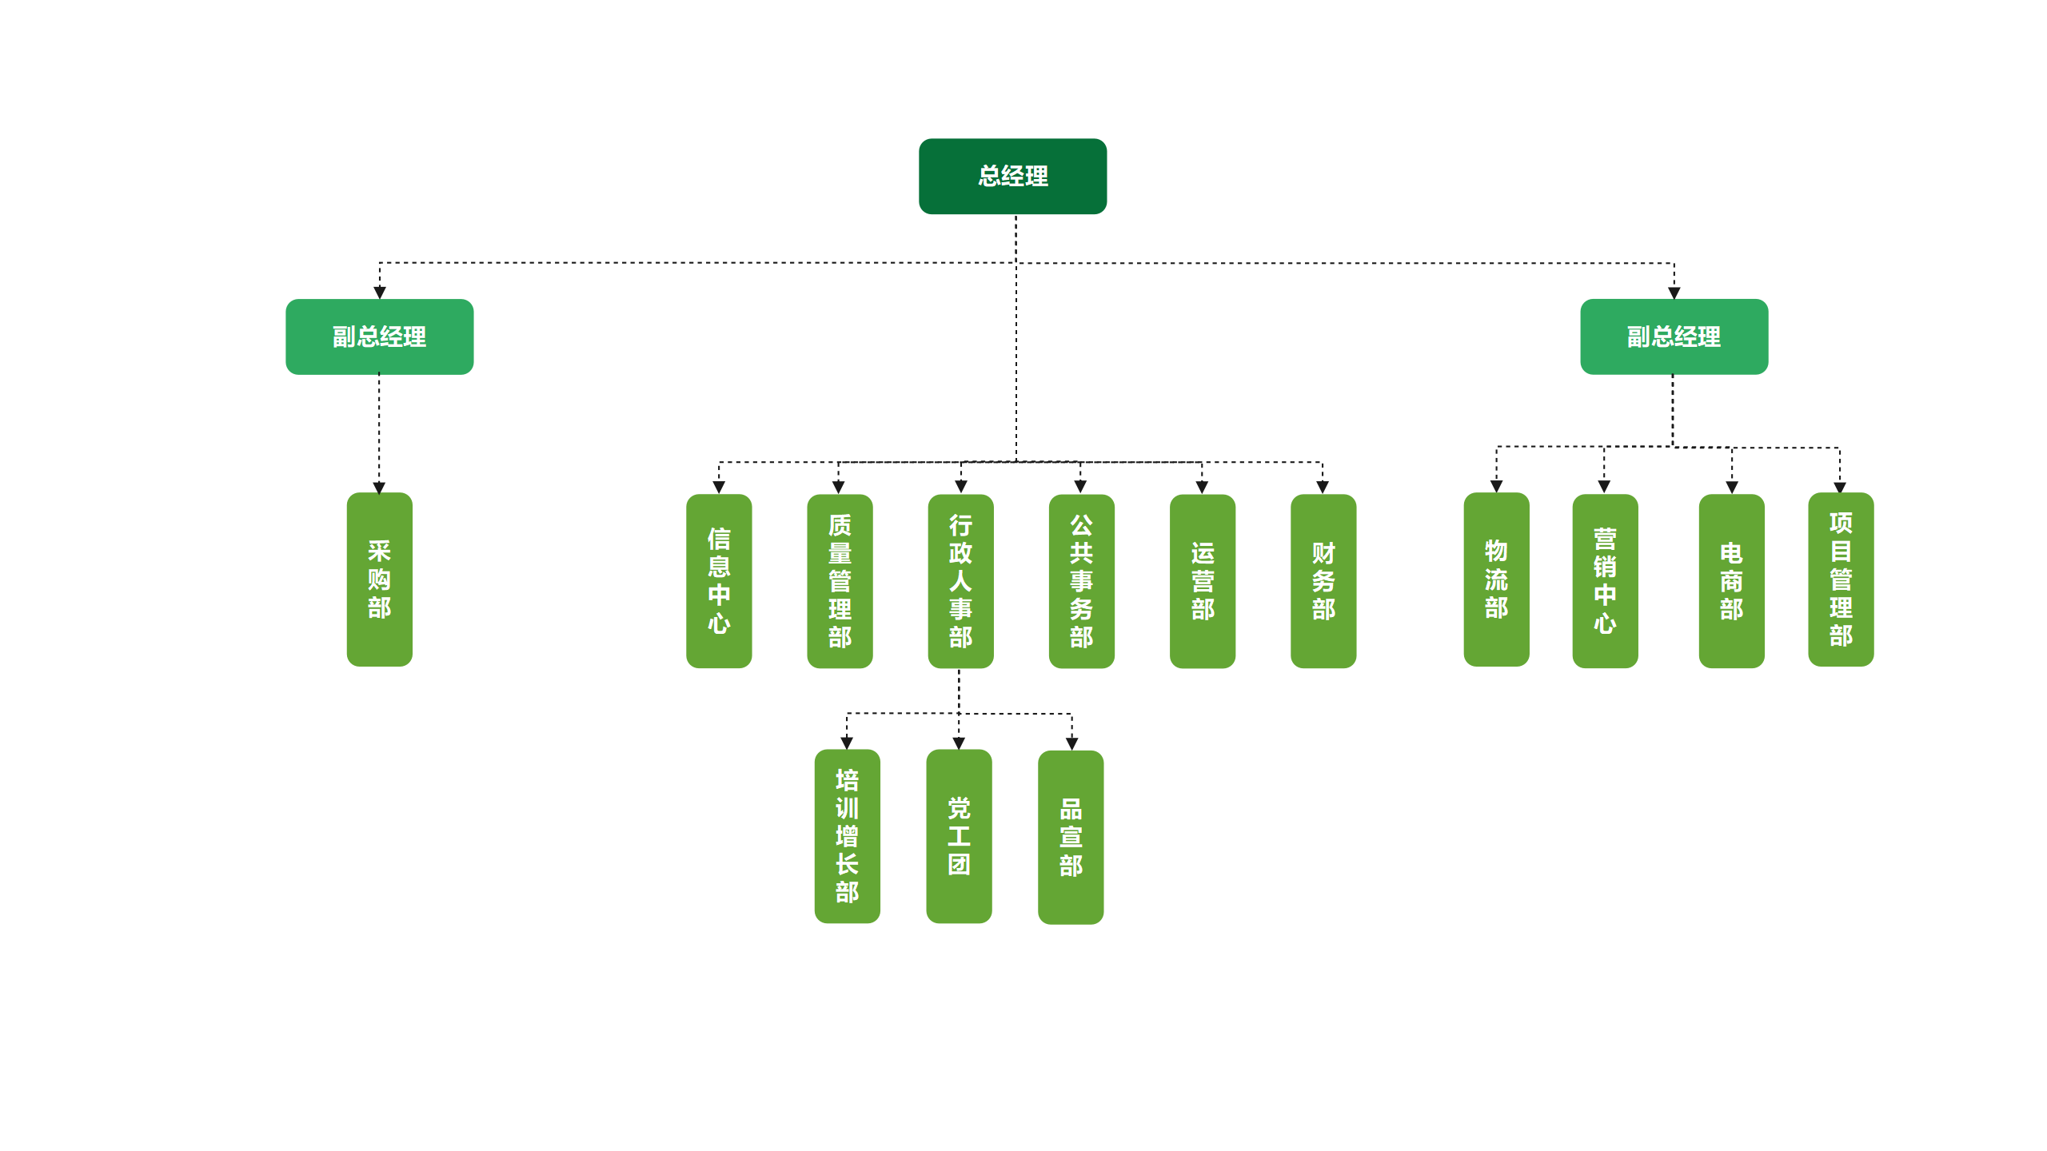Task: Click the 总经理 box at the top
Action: tap(1012, 176)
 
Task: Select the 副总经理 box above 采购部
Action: tap(379, 337)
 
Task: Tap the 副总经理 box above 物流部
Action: tap(1674, 337)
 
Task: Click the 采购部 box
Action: tap(379, 579)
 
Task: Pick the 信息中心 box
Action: tap(719, 581)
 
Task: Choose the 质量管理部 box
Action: tap(840, 581)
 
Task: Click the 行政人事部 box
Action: tap(960, 581)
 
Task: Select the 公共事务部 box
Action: tap(1081, 581)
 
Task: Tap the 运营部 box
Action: tap(1202, 581)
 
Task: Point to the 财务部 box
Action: tap(1323, 581)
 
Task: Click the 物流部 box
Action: tap(1496, 579)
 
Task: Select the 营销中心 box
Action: tap(1605, 581)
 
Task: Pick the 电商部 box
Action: tap(1731, 581)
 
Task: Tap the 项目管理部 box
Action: tap(1841, 579)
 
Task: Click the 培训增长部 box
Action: tap(847, 836)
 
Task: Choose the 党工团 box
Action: tap(959, 836)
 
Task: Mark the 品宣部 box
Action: tap(1071, 838)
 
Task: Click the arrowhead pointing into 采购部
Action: tap(379, 488)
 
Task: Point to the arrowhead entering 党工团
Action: tap(959, 743)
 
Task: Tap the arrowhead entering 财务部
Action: tap(1323, 488)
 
